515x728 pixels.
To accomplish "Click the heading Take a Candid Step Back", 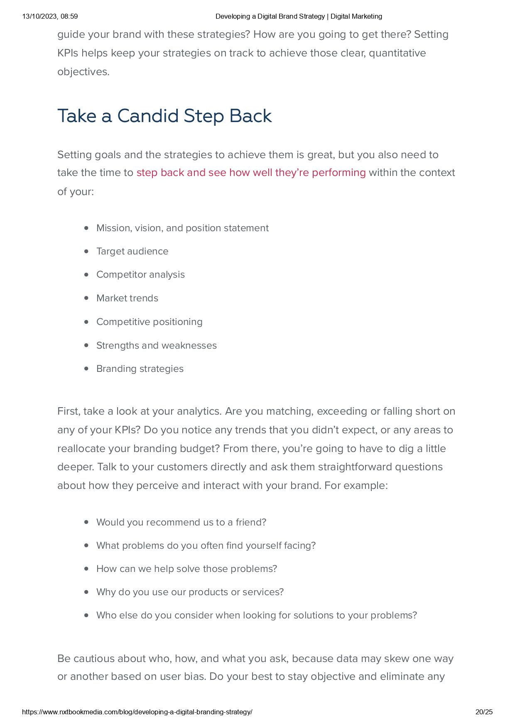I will pyautogui.click(x=164, y=116).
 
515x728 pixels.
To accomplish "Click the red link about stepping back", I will pyautogui.click(x=251, y=173).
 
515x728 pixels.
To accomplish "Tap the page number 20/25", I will pyautogui.click(x=484, y=712).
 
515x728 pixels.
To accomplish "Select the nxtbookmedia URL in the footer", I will pyautogui.click(x=137, y=712).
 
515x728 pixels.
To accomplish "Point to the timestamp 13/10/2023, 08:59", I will pyautogui.click(x=50, y=17).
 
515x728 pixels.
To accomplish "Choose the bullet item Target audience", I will pyautogui.click(x=132, y=252).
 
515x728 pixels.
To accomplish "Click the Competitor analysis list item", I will pyautogui.click(x=140, y=275).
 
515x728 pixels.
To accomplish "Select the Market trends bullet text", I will pyautogui.click(x=127, y=298).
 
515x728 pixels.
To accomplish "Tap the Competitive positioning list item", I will pyautogui.click(x=149, y=322).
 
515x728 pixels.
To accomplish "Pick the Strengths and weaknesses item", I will pyautogui.click(x=156, y=346).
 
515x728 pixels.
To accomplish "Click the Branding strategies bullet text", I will pyautogui.click(x=140, y=369).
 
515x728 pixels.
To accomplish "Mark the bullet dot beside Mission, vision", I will pyautogui.click(x=86, y=228).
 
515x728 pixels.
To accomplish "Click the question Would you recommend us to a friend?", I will pyautogui.click(x=181, y=522).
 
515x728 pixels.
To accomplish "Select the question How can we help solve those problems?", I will pyautogui.click(x=186, y=569).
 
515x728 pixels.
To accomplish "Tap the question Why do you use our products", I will pyautogui.click(x=190, y=592).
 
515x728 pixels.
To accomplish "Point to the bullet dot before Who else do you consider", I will pyautogui.click(x=86, y=615).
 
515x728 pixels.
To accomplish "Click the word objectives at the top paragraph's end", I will pyautogui.click(x=83, y=72).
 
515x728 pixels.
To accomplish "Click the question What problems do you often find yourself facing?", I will pyautogui.click(x=206, y=545).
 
